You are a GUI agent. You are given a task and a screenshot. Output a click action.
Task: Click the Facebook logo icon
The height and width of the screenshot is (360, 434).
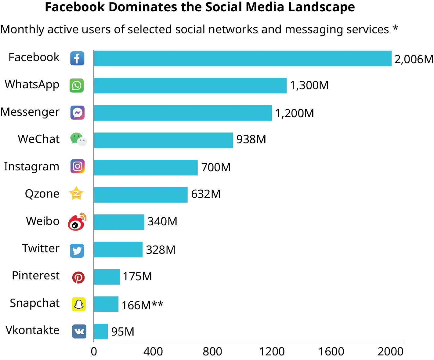[77, 58]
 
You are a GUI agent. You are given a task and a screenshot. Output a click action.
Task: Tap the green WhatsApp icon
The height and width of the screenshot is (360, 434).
[77, 85]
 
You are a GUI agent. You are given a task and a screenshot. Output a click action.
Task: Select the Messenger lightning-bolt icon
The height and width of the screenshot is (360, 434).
[77, 113]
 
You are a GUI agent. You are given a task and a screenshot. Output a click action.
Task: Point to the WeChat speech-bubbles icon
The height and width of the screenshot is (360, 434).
[78, 139]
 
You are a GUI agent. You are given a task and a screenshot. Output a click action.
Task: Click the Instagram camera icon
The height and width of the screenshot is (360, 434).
[77, 166]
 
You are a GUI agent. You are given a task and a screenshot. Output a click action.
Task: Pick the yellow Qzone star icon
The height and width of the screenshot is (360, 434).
[76, 193]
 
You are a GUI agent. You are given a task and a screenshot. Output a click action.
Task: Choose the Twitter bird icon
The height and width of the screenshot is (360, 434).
[77, 250]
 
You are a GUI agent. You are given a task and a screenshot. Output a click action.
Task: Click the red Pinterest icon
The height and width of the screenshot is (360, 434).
[78, 278]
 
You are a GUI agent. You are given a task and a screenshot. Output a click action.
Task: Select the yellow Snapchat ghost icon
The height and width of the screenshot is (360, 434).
[78, 304]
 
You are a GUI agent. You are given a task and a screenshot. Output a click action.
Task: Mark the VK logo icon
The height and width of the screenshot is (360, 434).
[79, 331]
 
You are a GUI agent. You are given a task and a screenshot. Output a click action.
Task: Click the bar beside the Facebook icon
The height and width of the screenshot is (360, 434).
[243, 58]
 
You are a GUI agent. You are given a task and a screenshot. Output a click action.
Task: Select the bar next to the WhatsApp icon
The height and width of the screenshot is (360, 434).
[191, 85]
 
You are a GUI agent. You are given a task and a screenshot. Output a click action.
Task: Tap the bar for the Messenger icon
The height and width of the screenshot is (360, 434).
[183, 113]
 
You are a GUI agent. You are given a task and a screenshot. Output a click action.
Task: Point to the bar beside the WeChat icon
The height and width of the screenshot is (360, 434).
[164, 140]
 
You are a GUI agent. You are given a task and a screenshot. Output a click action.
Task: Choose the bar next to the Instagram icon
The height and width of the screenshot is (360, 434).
[146, 167]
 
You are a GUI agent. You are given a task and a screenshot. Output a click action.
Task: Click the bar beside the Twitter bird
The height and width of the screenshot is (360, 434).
[119, 249]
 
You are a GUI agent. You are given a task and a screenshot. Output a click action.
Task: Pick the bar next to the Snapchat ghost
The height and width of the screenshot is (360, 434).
[107, 304]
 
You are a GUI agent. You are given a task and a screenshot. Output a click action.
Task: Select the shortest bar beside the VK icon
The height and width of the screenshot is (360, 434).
[101, 331]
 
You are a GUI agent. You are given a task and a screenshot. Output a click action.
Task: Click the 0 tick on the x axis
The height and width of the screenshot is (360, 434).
[94, 352]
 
